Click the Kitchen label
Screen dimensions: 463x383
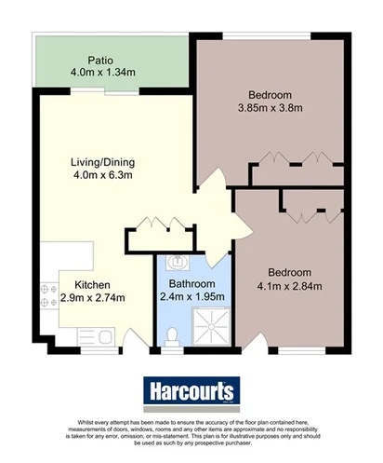coord(93,284)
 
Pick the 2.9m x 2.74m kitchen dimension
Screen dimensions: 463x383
coord(93,298)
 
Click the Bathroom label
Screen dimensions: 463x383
coord(191,283)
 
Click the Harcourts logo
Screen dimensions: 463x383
coord(191,389)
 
